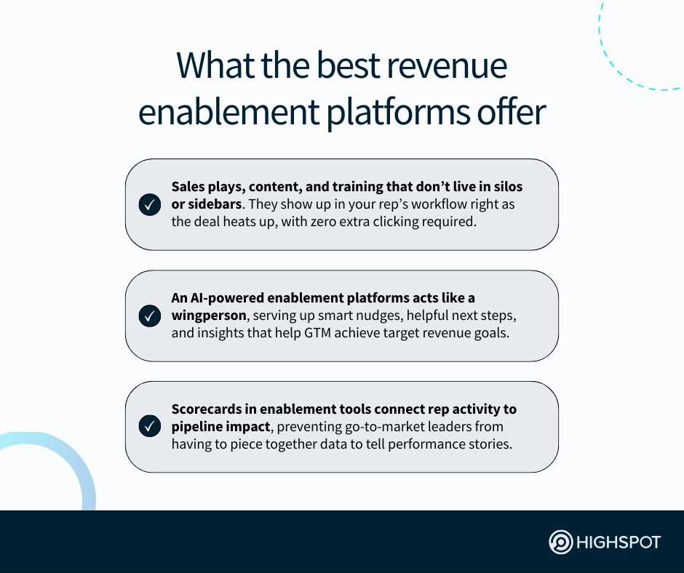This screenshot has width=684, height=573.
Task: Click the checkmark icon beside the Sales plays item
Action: (x=149, y=205)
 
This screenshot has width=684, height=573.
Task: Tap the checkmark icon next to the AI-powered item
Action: (x=149, y=316)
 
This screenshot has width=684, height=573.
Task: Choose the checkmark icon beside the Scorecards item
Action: (x=149, y=427)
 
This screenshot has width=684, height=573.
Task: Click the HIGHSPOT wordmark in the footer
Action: (x=618, y=542)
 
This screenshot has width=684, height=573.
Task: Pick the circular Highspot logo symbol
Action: (x=560, y=542)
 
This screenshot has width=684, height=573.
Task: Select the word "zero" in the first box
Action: (x=358, y=222)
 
